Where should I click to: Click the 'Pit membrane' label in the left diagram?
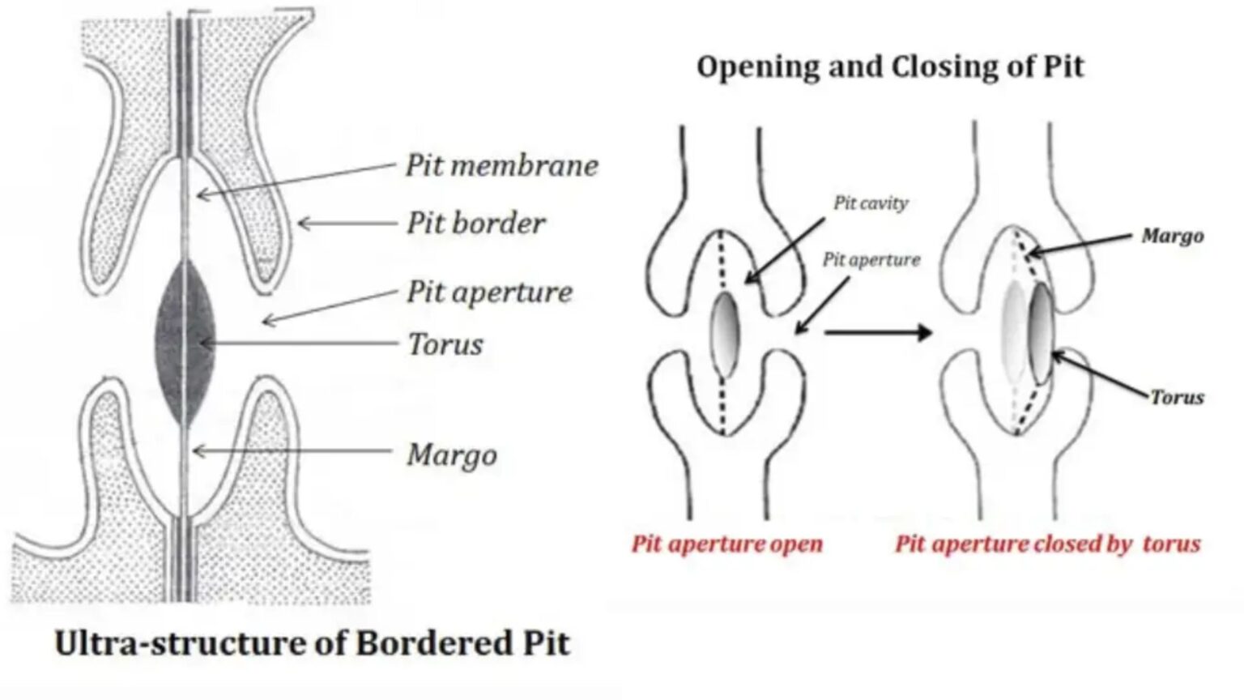point(501,165)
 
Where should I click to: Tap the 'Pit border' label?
point(475,224)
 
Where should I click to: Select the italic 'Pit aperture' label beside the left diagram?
point(489,292)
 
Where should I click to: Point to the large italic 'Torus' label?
point(445,344)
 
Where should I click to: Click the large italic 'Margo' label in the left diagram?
point(451,455)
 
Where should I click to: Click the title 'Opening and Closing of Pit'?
point(889,66)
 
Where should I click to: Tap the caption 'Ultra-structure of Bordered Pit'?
point(312,643)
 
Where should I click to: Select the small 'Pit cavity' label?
point(871,203)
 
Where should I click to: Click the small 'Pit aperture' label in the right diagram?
point(871,260)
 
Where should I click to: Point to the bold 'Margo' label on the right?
point(1172,237)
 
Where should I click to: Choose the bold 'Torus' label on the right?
point(1177,397)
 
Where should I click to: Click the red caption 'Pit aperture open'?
point(726,544)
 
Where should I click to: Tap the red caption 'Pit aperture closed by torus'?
point(1047,544)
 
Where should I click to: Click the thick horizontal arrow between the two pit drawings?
point(878,332)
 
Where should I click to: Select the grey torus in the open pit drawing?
point(725,335)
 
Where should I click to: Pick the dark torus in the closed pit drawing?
point(1041,333)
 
